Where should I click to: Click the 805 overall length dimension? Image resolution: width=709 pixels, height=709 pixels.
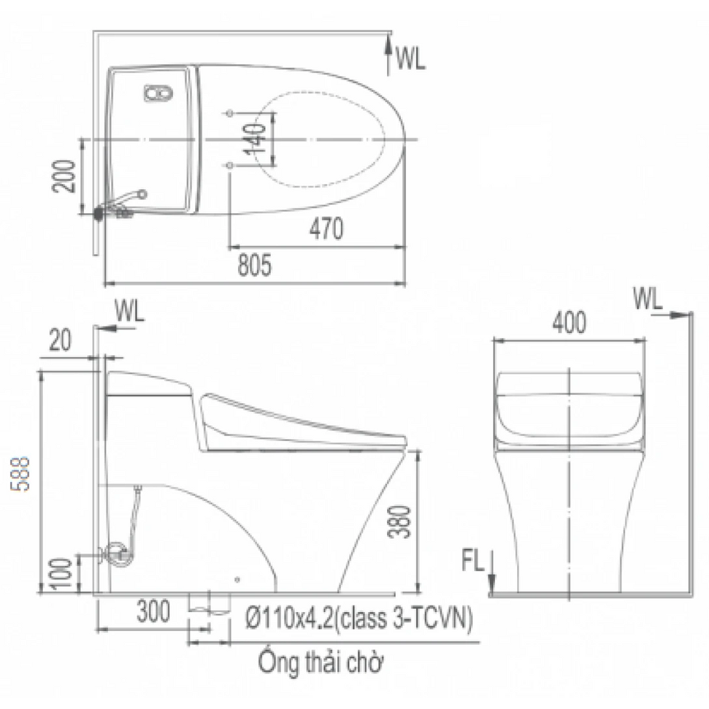255,265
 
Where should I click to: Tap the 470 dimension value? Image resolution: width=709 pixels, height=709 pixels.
327,228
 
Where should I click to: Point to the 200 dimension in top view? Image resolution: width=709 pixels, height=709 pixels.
64,177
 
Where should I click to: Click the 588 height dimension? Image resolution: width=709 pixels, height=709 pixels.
20,474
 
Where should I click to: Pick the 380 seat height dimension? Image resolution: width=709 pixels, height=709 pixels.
400,522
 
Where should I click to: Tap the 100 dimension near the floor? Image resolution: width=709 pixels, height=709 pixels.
61,573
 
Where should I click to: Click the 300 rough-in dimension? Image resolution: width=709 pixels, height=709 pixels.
154,611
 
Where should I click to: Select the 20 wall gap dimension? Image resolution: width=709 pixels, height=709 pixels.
60,340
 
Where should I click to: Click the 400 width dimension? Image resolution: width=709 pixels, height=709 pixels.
569,323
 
